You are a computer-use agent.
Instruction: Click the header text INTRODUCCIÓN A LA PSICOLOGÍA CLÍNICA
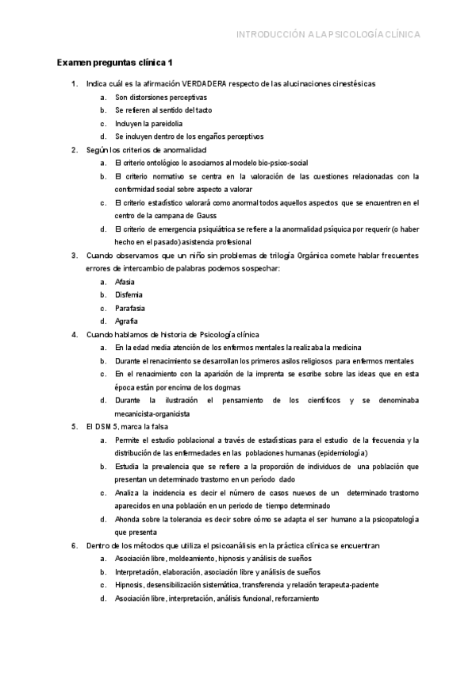click(328, 34)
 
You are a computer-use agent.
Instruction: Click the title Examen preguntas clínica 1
click(115, 63)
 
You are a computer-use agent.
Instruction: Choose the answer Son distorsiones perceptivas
click(155, 97)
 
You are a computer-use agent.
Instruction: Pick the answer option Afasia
click(125, 282)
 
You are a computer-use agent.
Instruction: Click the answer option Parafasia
click(130, 308)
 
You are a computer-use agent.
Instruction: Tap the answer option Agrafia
click(127, 321)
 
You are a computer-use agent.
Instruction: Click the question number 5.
click(74, 427)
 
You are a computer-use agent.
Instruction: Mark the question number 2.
click(74, 149)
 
